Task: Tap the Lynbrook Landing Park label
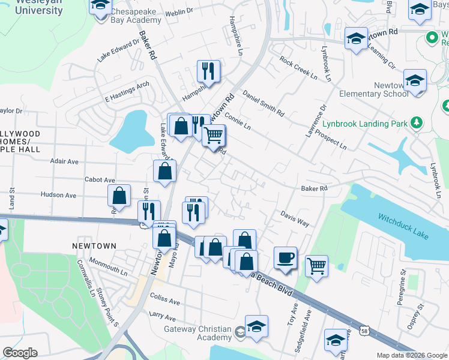point(365,124)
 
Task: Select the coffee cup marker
point(285,258)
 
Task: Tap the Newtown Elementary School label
point(373,89)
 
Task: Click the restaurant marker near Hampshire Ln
point(208,71)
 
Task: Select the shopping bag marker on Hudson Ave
point(119,196)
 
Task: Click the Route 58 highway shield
point(364,330)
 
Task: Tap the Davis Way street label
point(295,218)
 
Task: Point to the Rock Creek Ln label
point(298,67)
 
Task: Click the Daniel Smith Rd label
point(263,103)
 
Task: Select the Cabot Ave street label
point(100,179)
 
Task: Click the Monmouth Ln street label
point(108,266)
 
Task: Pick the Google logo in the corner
point(20,353)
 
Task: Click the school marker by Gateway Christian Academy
point(256,326)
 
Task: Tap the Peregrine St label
point(403,288)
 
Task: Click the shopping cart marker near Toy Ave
point(316,265)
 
